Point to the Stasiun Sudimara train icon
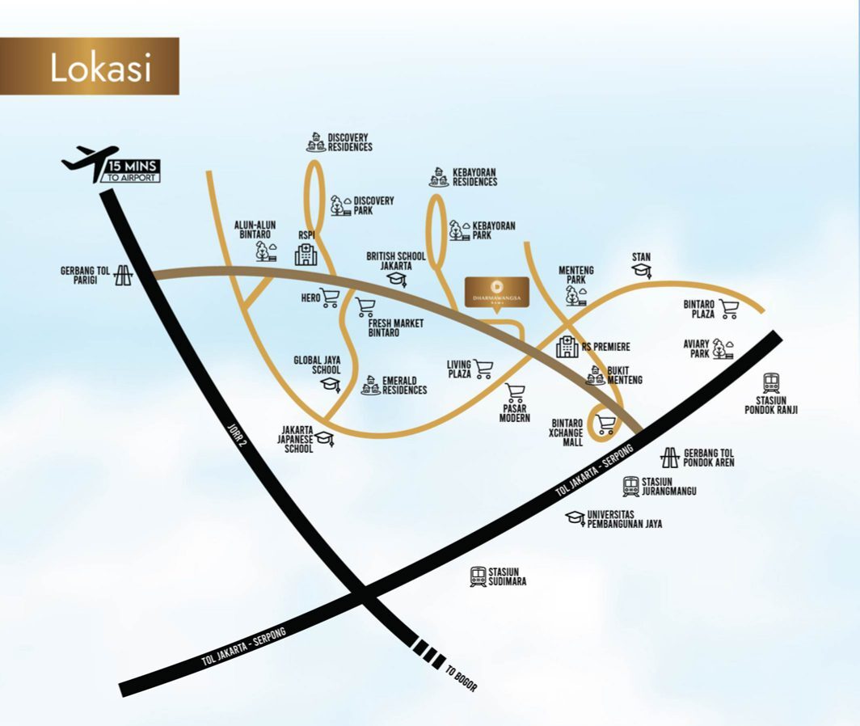tap(478, 576)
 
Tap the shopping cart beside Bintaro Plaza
tap(729, 308)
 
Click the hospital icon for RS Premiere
tap(567, 347)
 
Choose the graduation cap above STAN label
tap(642, 272)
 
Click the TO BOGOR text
tap(462, 678)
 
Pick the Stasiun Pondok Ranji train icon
tap(771, 382)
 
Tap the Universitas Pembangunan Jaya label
tap(625, 519)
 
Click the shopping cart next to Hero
tap(330, 298)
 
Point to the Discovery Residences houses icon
tap(315, 143)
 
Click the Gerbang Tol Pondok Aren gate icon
tap(670, 458)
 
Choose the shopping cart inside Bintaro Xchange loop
tap(605, 424)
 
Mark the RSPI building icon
tap(306, 255)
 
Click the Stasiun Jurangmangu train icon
tap(631, 486)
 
